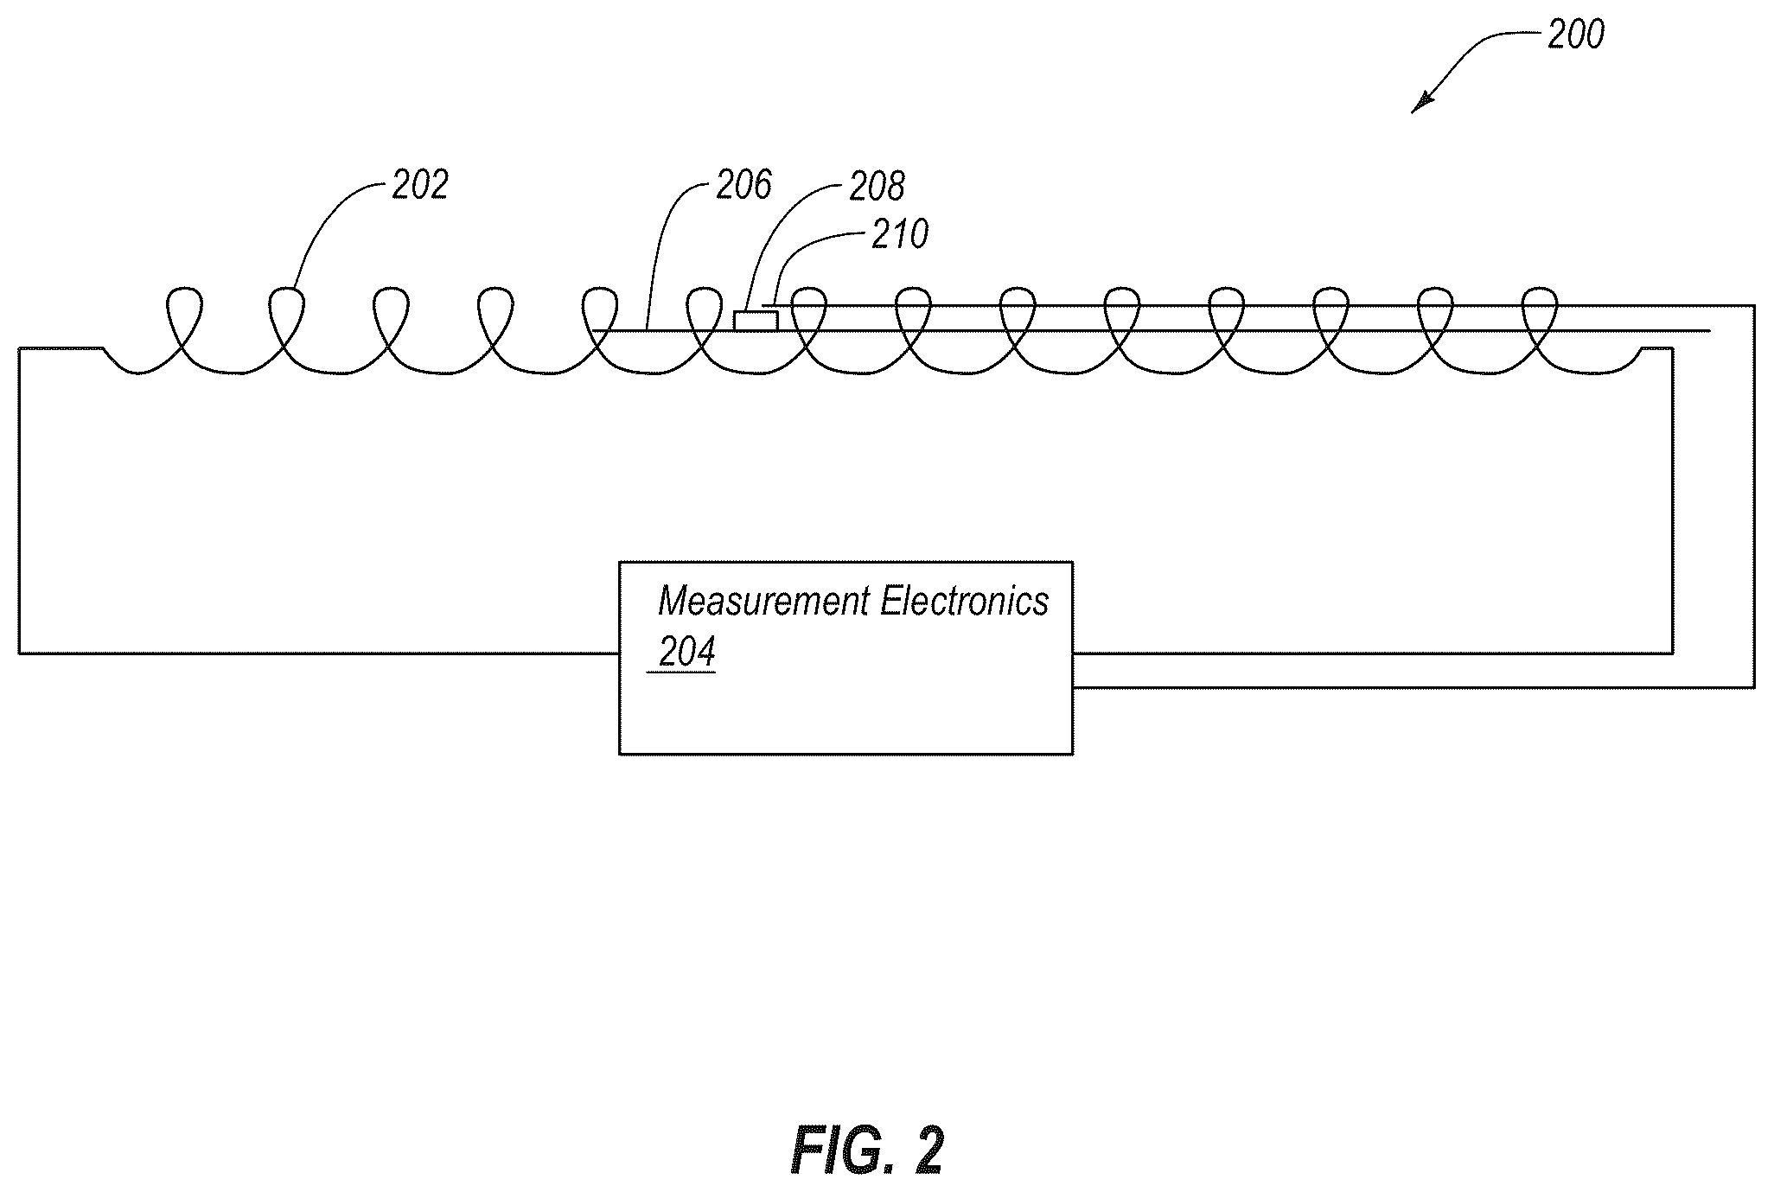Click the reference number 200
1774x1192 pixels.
coord(1575,35)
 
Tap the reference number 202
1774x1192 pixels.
coord(420,185)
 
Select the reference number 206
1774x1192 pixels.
coord(744,185)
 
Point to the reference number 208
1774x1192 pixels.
coord(877,187)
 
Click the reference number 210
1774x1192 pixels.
coord(900,234)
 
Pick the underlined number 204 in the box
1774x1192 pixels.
coord(686,653)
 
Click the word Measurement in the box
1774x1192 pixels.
coord(767,601)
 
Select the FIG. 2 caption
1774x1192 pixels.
coord(867,1150)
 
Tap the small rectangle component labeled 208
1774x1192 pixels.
coord(756,321)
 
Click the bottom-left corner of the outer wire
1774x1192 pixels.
coord(19,653)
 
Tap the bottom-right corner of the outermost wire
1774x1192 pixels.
coord(1754,687)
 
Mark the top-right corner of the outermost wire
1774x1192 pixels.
coord(1754,305)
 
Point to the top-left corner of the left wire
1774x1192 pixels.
coord(19,347)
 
